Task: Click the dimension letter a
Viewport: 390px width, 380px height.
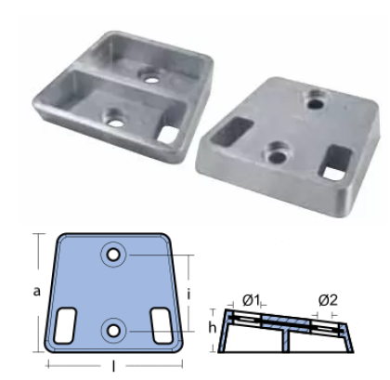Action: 37,292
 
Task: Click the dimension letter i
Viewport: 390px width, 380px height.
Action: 188,295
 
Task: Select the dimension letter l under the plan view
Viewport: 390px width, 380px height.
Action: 113,366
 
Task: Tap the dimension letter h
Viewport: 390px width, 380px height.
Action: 212,327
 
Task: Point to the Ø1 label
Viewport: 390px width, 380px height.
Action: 251,300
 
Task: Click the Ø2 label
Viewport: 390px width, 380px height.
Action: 328,300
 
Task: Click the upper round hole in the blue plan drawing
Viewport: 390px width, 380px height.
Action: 113,255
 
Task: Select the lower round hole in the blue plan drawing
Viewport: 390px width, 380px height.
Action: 114,331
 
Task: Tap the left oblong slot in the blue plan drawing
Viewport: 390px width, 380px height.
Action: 65,325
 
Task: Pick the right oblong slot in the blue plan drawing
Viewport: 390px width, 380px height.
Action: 162,325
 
